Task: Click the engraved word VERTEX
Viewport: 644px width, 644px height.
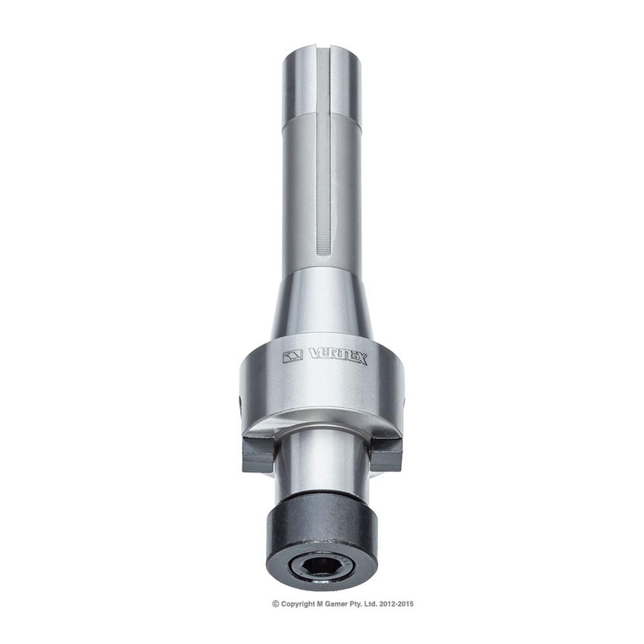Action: pyautogui.click(x=337, y=356)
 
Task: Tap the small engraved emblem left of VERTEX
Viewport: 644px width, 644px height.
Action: pyautogui.click(x=293, y=354)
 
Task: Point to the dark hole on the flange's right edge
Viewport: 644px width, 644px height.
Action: pyautogui.click(x=405, y=403)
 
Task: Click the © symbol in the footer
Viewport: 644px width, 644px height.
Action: pyautogui.click(x=276, y=603)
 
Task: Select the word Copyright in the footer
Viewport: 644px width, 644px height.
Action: pyautogui.click(x=298, y=603)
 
